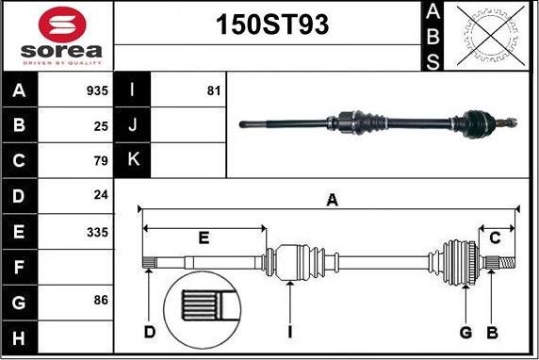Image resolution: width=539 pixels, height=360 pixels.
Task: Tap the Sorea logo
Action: coord(58,36)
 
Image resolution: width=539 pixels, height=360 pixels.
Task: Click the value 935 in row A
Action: coord(97,91)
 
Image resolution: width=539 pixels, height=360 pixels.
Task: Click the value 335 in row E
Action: coord(97,231)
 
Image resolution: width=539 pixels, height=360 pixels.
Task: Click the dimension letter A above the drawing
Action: coord(331,199)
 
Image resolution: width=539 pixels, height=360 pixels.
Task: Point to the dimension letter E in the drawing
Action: coord(204,237)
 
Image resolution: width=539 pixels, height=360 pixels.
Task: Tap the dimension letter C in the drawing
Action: coord(495,237)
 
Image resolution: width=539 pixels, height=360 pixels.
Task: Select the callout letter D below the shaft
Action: coord(150,332)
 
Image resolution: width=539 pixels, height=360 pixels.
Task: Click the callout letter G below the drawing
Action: coord(465,332)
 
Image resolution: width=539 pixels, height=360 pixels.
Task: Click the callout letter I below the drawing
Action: coord(291,332)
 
